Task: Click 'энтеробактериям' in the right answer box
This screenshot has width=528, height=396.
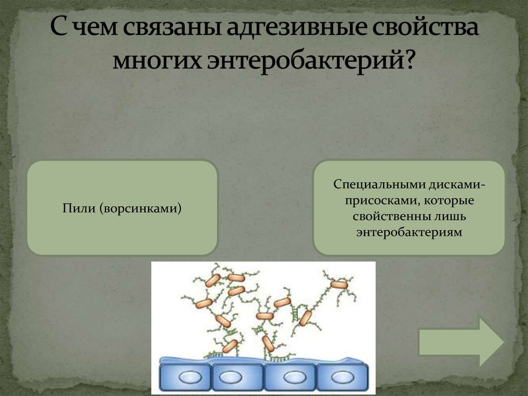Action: (x=408, y=232)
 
